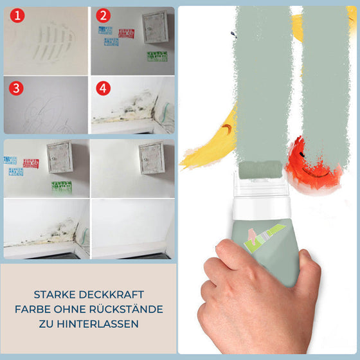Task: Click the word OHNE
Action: (x=76, y=309)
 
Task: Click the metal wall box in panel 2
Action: (x=154, y=27)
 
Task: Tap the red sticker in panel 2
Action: (x=127, y=33)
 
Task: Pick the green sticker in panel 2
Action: (x=156, y=57)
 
